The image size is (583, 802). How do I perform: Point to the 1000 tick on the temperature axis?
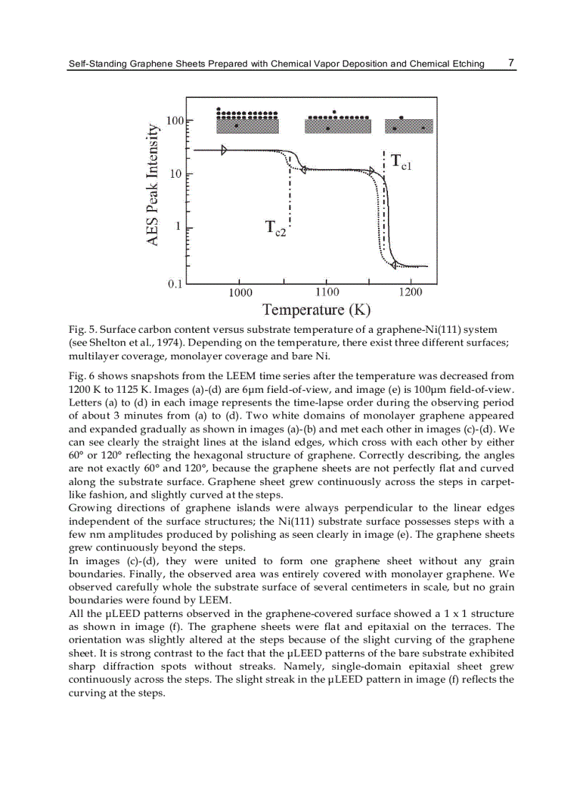click(240, 292)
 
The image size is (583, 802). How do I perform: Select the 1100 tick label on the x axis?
click(327, 292)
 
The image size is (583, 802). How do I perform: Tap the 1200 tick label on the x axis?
click(411, 292)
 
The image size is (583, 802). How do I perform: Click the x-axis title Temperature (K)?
click(317, 310)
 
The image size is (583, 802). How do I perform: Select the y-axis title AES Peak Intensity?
click(152, 185)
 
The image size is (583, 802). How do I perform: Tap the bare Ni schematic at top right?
click(409, 124)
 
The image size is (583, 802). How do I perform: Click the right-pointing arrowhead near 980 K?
click(224, 150)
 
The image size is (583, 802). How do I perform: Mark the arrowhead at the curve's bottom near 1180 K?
click(394, 265)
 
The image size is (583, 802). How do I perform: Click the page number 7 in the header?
click(511, 63)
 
